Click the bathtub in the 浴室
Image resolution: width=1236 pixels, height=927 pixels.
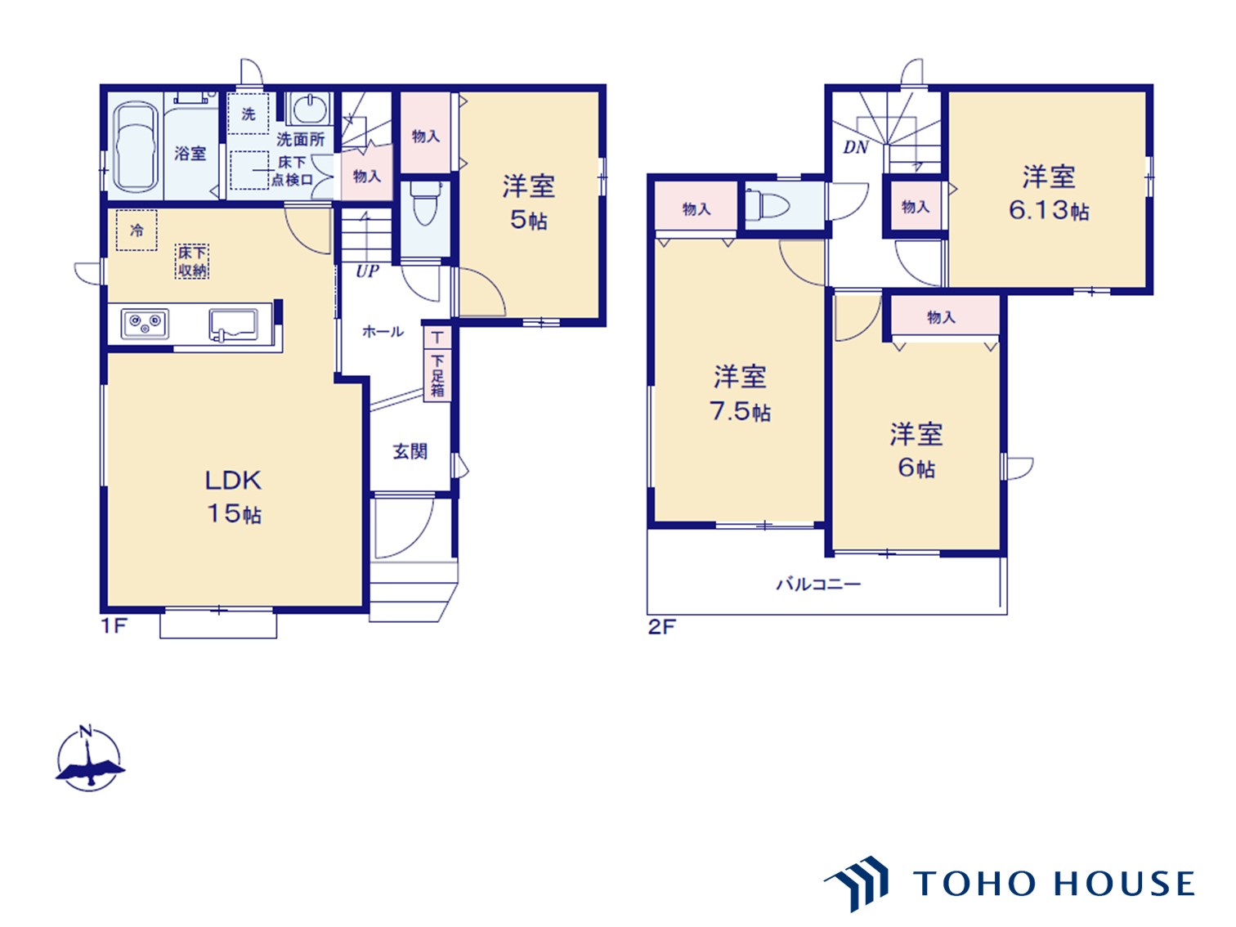[135, 147]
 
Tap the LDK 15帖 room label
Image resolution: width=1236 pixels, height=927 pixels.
[233, 496]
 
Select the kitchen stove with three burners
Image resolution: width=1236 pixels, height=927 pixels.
[145, 324]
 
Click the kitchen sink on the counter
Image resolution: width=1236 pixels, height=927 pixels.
[234, 324]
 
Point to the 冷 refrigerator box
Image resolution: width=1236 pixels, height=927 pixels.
[137, 231]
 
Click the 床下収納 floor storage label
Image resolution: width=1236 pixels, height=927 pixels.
[192, 262]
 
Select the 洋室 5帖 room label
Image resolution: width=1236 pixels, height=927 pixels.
[528, 202]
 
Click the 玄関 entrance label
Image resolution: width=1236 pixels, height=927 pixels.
[410, 451]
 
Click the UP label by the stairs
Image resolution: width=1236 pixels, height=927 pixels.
[367, 271]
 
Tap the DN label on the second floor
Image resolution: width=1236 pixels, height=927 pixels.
[855, 147]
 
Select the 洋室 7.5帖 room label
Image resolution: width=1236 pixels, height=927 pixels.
[740, 393]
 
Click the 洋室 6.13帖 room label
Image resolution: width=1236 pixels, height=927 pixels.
[1049, 193]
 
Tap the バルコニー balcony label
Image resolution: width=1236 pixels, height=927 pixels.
[817, 584]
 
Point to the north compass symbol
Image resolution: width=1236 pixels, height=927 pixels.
[88, 759]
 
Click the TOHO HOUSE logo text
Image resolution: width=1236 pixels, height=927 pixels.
[1054, 884]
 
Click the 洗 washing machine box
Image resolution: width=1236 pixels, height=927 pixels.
[248, 114]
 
